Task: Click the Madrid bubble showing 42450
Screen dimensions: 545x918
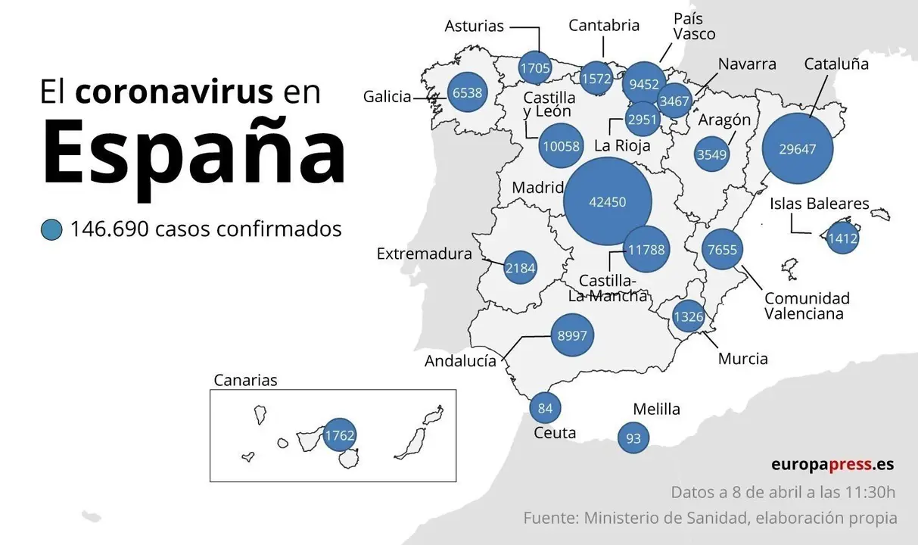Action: (x=608, y=202)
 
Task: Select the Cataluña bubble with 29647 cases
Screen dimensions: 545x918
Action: (x=797, y=148)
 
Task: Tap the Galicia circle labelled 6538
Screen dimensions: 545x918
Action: (x=466, y=93)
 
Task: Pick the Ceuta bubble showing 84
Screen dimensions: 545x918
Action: (x=545, y=409)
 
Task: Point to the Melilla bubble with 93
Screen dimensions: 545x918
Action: (x=633, y=438)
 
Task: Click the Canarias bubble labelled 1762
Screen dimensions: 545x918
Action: (x=339, y=435)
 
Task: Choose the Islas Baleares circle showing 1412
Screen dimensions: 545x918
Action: (x=842, y=238)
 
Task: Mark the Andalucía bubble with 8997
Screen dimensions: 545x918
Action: (x=572, y=335)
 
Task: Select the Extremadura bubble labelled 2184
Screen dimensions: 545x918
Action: (x=520, y=268)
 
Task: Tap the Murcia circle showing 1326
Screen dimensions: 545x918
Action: (x=688, y=316)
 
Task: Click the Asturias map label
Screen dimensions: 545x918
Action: (x=474, y=26)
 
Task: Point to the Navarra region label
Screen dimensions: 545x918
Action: (x=747, y=64)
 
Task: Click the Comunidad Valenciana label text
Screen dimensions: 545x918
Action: (x=806, y=306)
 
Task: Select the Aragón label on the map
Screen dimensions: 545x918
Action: (x=724, y=120)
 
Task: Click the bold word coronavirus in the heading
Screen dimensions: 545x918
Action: (x=174, y=92)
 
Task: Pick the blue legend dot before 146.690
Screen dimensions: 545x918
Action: (x=51, y=229)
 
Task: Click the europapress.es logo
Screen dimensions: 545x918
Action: (x=832, y=464)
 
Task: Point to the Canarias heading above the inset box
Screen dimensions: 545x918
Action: (x=245, y=380)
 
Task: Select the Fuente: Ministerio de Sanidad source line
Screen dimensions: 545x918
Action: (x=710, y=519)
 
